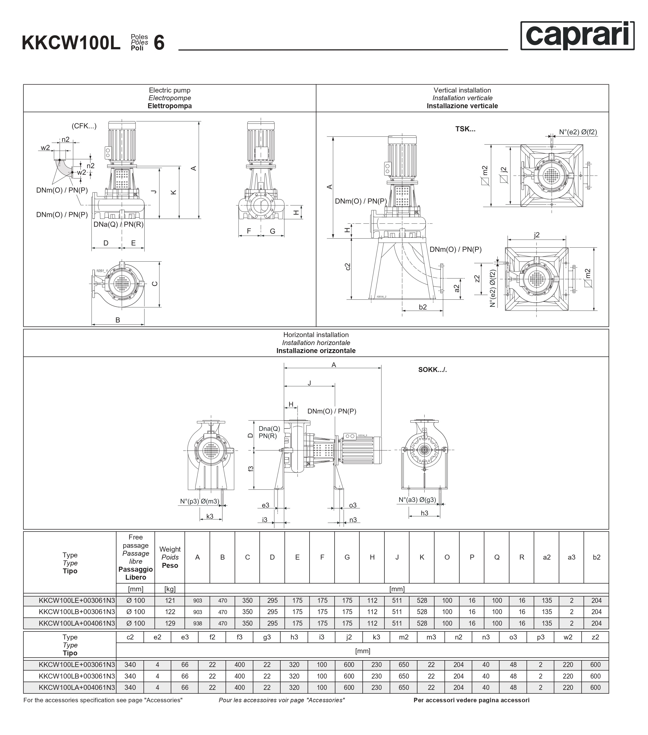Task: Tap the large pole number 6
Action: tap(159, 43)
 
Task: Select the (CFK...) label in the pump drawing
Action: tap(84, 126)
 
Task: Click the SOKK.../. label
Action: tap(432, 370)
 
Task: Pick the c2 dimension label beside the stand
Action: tap(347, 267)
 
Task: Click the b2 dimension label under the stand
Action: tap(422, 307)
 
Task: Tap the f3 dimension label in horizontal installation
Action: tap(251, 468)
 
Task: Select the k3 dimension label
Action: tap(210, 516)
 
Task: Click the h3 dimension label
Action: tap(424, 513)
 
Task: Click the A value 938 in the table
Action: tap(197, 623)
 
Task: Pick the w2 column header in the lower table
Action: tap(568, 637)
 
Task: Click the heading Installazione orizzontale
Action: tap(316, 351)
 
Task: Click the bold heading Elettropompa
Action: tap(169, 106)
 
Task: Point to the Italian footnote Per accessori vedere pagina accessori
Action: tap(471, 700)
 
